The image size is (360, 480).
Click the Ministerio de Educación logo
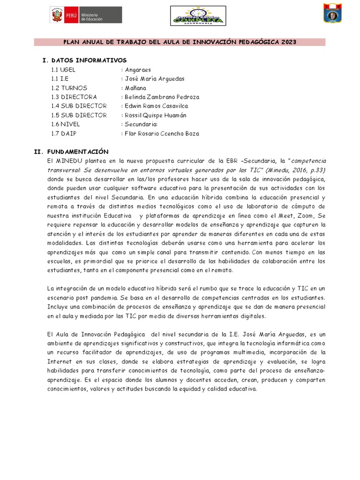[x=86, y=15]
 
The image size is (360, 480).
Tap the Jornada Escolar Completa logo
[x=198, y=16]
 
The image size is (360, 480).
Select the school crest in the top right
[x=332, y=13]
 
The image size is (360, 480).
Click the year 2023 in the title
[x=289, y=42]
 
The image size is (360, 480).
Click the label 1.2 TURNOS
[x=69, y=88]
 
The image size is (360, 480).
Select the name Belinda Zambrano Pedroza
[x=162, y=97]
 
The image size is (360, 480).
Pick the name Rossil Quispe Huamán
[x=155, y=115]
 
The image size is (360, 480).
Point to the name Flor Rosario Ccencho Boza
[x=162, y=134]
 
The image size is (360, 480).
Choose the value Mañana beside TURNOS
[x=135, y=88]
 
